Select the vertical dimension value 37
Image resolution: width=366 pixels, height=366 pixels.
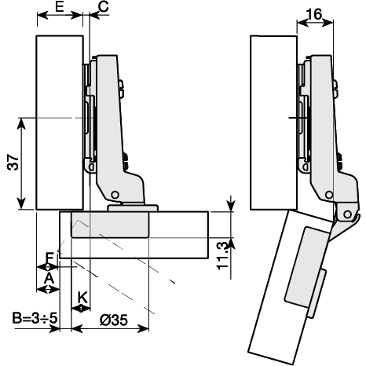click(x=12, y=163)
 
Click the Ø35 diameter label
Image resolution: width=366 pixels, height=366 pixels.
click(x=115, y=321)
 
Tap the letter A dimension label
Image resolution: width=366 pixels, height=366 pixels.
click(x=49, y=277)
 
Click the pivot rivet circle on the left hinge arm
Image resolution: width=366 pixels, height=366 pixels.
click(x=115, y=194)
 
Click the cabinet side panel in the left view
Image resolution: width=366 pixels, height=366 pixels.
click(x=60, y=122)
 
